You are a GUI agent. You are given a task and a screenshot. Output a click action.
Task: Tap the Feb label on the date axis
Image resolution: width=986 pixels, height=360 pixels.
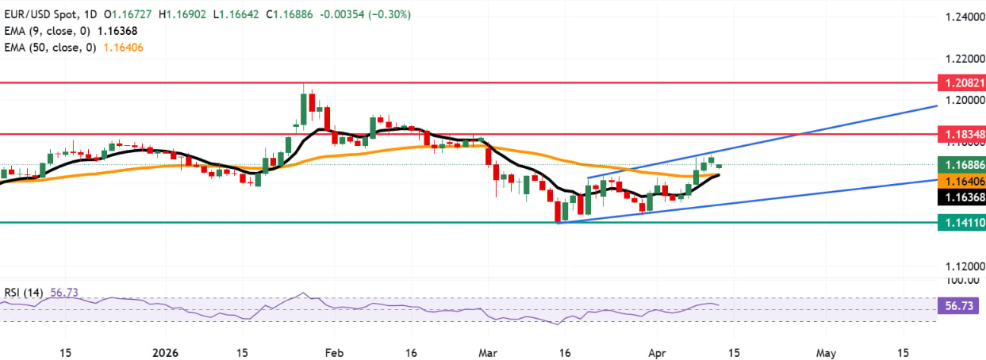coord(334,351)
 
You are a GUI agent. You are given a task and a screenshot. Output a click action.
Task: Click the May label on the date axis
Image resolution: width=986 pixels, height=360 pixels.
coord(826,351)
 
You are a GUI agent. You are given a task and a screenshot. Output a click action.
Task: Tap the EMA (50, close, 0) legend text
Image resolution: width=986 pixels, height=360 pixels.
coord(52,48)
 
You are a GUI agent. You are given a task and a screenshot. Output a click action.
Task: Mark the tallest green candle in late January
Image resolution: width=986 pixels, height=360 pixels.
coord(304,108)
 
